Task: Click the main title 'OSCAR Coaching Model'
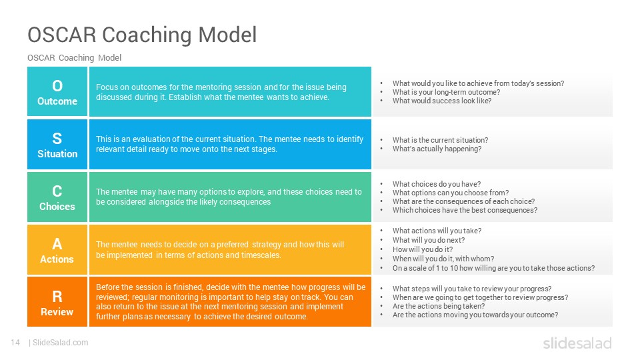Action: (x=142, y=35)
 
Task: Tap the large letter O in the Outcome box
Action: (x=57, y=86)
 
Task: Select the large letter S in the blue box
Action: (x=57, y=139)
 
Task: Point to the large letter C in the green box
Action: (x=57, y=191)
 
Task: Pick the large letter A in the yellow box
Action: (x=57, y=244)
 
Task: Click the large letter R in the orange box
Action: (x=57, y=296)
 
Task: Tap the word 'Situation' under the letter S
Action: (x=57, y=154)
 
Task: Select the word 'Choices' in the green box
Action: (x=57, y=207)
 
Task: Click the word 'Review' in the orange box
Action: (x=57, y=312)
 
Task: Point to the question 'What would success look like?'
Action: (x=442, y=101)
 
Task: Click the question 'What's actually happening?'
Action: (x=437, y=149)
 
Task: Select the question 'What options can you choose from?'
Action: (x=451, y=193)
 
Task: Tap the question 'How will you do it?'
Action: (x=423, y=249)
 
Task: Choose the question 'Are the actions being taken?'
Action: (x=439, y=306)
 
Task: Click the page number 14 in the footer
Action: (x=15, y=343)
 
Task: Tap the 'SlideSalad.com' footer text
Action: (x=61, y=343)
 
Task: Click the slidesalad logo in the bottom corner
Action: (x=577, y=343)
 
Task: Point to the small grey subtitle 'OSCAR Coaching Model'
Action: (x=74, y=57)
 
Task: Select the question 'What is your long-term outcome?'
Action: (x=446, y=92)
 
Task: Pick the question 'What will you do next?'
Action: (x=429, y=240)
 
